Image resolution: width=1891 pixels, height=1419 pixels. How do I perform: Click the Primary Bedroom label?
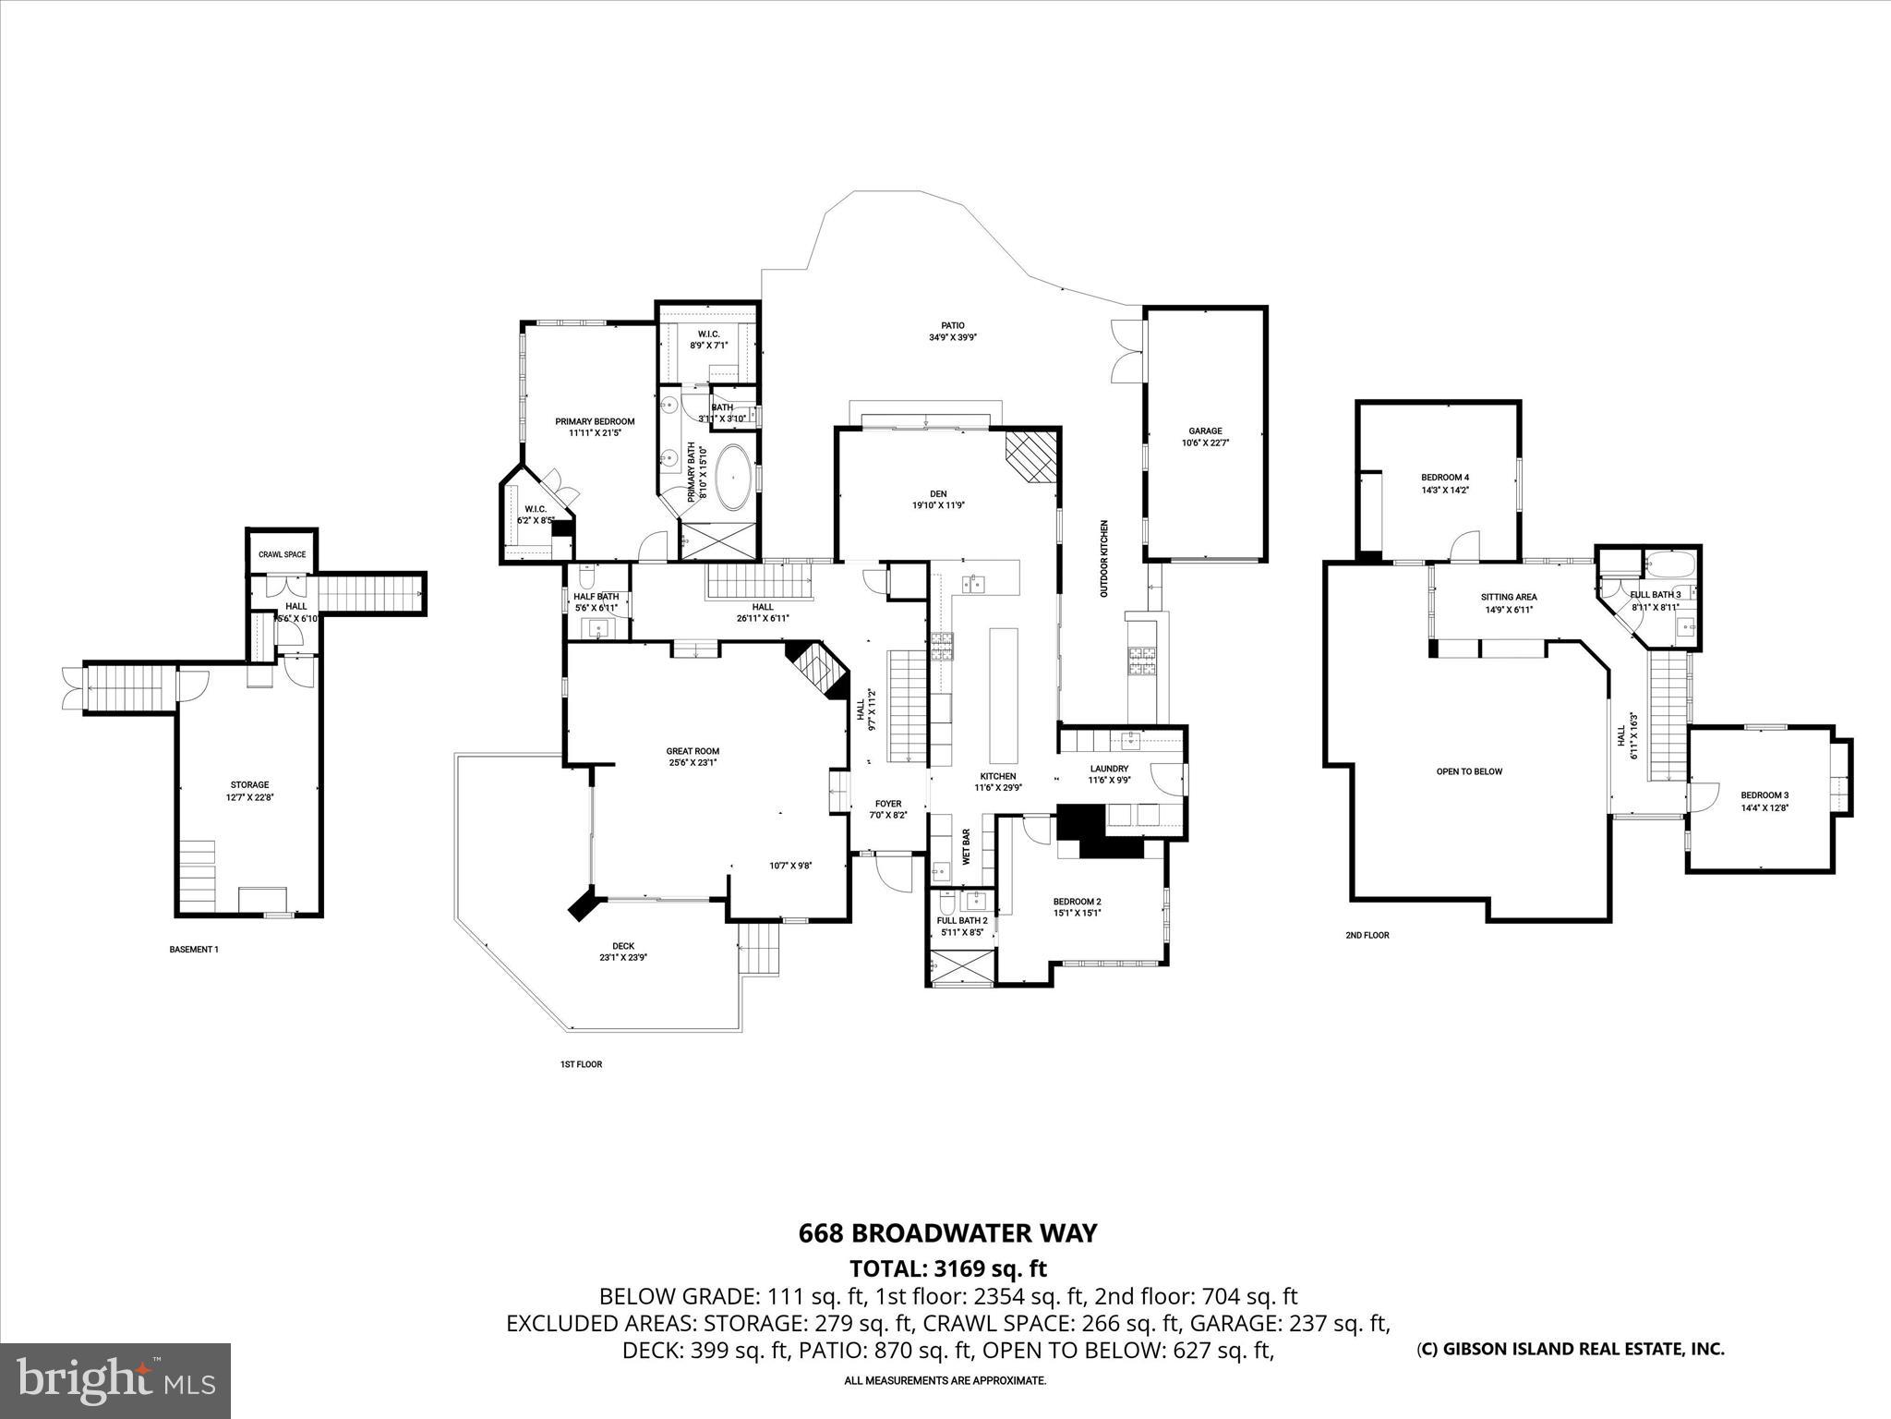pos(595,421)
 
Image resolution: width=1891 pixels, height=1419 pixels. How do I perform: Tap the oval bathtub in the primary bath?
pos(735,478)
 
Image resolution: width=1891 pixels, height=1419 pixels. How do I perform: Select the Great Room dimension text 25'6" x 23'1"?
pos(693,762)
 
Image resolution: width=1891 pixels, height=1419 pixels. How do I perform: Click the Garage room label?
pos(1205,431)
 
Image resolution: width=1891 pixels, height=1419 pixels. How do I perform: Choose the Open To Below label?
pos(1469,771)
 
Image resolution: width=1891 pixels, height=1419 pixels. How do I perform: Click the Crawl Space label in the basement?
pos(282,554)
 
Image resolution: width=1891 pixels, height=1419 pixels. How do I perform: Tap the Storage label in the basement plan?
pos(249,784)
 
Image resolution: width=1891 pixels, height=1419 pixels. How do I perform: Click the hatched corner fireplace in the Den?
pos(1031,455)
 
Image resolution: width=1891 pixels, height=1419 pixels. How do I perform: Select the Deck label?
pos(623,946)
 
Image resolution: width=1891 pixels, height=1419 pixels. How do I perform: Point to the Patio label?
pos(953,325)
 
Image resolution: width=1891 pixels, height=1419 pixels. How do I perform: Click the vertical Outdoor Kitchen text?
pos(1103,558)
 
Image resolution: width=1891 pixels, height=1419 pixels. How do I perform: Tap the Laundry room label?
pos(1109,769)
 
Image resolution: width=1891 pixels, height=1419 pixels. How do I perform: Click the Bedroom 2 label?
pos(1077,902)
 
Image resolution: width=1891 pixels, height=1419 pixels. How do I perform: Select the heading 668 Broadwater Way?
pos(947,1233)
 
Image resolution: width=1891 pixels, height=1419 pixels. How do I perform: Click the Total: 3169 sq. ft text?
pos(947,1268)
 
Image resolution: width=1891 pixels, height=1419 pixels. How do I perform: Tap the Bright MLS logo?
pos(115,1380)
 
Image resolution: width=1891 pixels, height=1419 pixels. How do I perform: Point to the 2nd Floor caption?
pos(1367,935)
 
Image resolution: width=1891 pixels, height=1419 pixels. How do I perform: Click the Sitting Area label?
pos(1508,597)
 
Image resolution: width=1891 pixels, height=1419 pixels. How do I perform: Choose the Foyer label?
pos(887,804)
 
